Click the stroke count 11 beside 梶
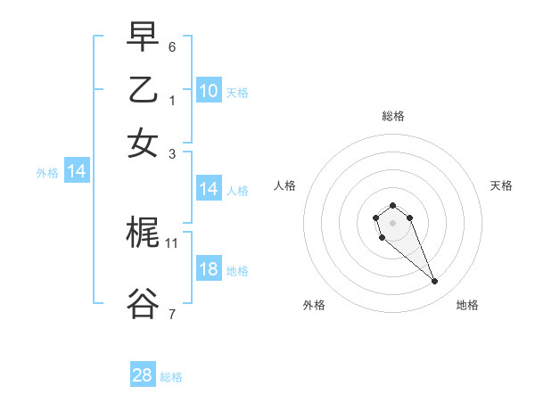click(x=172, y=242)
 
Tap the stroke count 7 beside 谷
click(x=172, y=313)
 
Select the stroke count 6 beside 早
click(x=172, y=45)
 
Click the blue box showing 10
click(x=209, y=91)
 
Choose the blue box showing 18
click(x=209, y=269)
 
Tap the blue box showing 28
click(x=143, y=375)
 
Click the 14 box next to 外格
click(x=77, y=172)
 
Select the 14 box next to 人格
click(x=209, y=189)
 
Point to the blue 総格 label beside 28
click(x=171, y=377)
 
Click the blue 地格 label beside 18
click(x=237, y=271)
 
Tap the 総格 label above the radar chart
click(x=393, y=116)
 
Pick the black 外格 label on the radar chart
click(x=314, y=305)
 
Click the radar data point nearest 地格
click(x=435, y=282)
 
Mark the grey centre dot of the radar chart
click(x=392, y=223)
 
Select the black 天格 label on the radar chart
click(x=501, y=185)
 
